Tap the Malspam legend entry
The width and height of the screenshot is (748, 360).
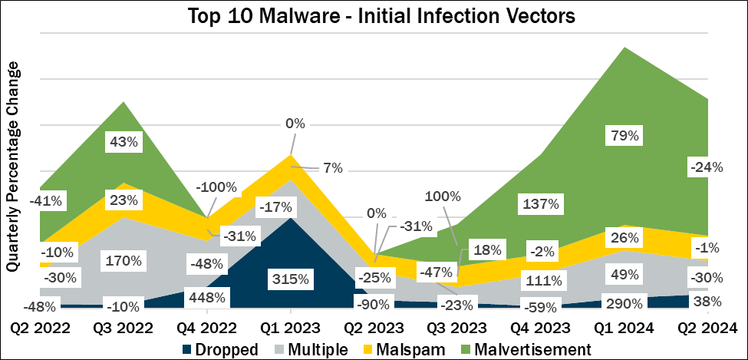click(406, 349)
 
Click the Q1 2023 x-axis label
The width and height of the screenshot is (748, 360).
click(290, 328)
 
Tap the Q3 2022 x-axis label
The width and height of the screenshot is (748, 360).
click(124, 328)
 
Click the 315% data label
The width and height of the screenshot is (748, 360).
click(290, 276)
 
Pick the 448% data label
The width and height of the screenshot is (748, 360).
click(206, 297)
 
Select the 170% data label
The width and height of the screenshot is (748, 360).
click(124, 260)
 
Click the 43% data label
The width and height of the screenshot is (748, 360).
click(124, 142)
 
